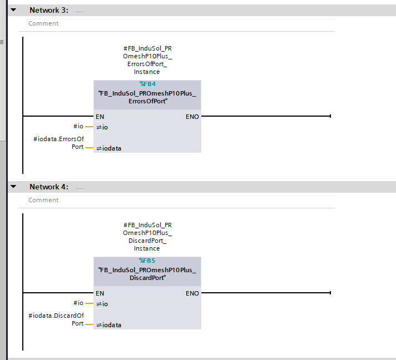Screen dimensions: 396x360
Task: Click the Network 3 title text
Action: pos(49,10)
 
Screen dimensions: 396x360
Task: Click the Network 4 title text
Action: pos(49,187)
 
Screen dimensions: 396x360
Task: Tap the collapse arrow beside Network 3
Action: pos(13,10)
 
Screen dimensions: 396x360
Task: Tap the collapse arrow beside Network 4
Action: pos(13,187)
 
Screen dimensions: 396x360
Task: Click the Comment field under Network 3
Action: pos(181,24)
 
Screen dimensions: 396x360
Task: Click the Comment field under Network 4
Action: pos(181,201)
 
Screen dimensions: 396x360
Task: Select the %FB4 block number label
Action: pos(147,84)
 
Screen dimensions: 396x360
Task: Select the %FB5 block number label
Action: pos(147,261)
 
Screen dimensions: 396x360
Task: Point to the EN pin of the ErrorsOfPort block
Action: pos(100,117)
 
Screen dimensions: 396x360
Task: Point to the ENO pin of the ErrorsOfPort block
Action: pos(192,117)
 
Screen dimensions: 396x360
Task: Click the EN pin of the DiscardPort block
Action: pos(100,293)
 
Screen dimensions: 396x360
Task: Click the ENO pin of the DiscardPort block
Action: pos(192,293)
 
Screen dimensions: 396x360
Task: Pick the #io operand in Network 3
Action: pos(78,126)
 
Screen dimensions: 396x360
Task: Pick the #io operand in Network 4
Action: pos(78,303)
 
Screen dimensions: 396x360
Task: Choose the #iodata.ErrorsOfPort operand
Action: pos(58,143)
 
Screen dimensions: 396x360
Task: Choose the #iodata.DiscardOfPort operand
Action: pos(56,319)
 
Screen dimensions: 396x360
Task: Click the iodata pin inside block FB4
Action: pos(109,148)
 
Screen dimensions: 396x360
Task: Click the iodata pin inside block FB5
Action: pos(109,325)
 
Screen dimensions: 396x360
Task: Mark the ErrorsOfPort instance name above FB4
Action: pos(147,60)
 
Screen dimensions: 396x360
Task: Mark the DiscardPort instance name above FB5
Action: pos(147,237)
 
